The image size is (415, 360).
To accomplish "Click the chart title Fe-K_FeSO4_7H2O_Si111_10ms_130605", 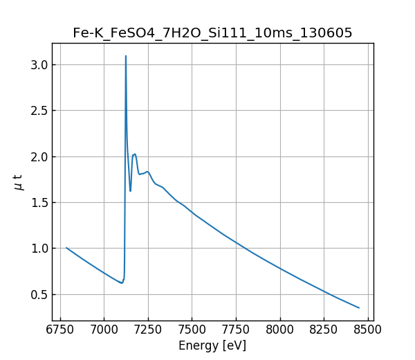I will (212, 33).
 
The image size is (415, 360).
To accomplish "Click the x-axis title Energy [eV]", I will (212, 345).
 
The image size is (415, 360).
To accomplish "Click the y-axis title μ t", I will (19, 182).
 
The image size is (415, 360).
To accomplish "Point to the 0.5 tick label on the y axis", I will (39, 294).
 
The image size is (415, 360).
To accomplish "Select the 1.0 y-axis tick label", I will (39, 249).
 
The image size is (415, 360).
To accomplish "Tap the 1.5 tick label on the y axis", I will (39, 202).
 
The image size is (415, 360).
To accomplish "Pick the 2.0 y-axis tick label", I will (39, 156).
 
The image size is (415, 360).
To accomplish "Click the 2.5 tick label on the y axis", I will (39, 111).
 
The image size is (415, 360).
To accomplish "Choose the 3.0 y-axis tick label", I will (39, 64).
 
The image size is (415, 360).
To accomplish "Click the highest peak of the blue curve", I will (126, 56).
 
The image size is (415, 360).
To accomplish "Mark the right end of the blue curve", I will (359, 307).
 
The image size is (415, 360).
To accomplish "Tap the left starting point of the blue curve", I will (66, 248).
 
